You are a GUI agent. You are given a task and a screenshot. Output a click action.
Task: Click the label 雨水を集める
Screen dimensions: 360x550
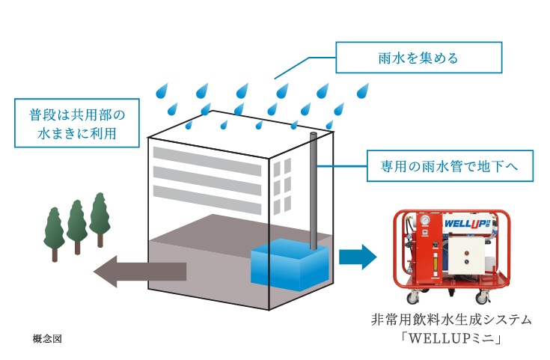click(x=418, y=56)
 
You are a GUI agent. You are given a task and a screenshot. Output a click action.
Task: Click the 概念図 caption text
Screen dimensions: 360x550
click(x=47, y=338)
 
